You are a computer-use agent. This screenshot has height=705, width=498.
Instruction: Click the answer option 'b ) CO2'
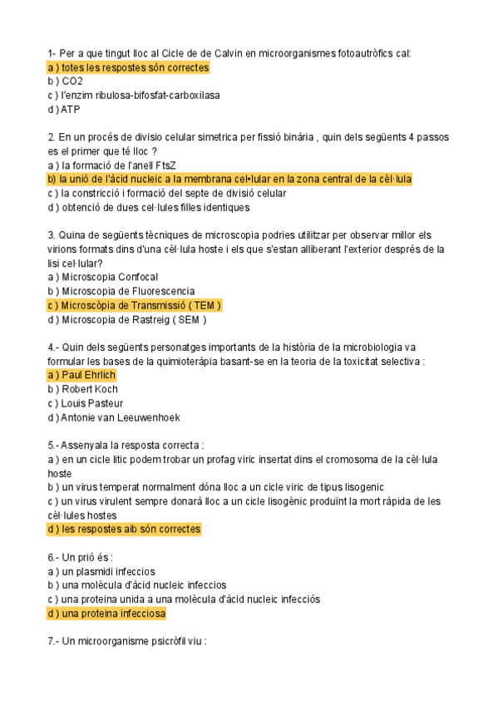point(66,81)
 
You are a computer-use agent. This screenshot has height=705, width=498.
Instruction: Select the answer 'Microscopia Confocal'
point(103,277)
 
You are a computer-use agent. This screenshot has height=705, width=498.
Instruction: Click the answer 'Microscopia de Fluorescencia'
point(121,291)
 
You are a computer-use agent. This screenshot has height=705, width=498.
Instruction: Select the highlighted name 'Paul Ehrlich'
point(82,375)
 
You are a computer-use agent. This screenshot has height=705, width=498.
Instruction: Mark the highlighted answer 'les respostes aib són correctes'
point(124,529)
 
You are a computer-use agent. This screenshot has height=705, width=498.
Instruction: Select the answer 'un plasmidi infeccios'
point(101,571)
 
